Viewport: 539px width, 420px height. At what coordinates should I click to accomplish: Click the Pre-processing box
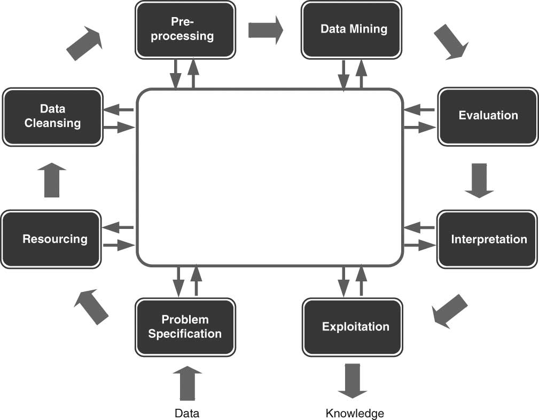185,29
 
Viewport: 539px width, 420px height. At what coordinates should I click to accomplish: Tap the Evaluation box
488,116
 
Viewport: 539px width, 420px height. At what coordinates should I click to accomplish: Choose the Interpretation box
487,239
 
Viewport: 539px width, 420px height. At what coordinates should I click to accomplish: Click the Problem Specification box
185,327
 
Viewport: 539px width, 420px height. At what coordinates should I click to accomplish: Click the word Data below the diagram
187,413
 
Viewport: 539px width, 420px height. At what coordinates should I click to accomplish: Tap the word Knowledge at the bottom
355,413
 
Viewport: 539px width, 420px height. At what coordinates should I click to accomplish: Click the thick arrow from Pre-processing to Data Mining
265,30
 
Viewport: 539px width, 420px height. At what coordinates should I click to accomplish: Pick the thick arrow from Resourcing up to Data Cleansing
52,180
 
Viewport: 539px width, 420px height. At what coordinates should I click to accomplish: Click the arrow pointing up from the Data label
188,383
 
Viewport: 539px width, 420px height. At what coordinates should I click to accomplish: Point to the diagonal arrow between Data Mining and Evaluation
450,42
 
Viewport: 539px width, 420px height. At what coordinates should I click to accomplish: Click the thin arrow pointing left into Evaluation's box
419,110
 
